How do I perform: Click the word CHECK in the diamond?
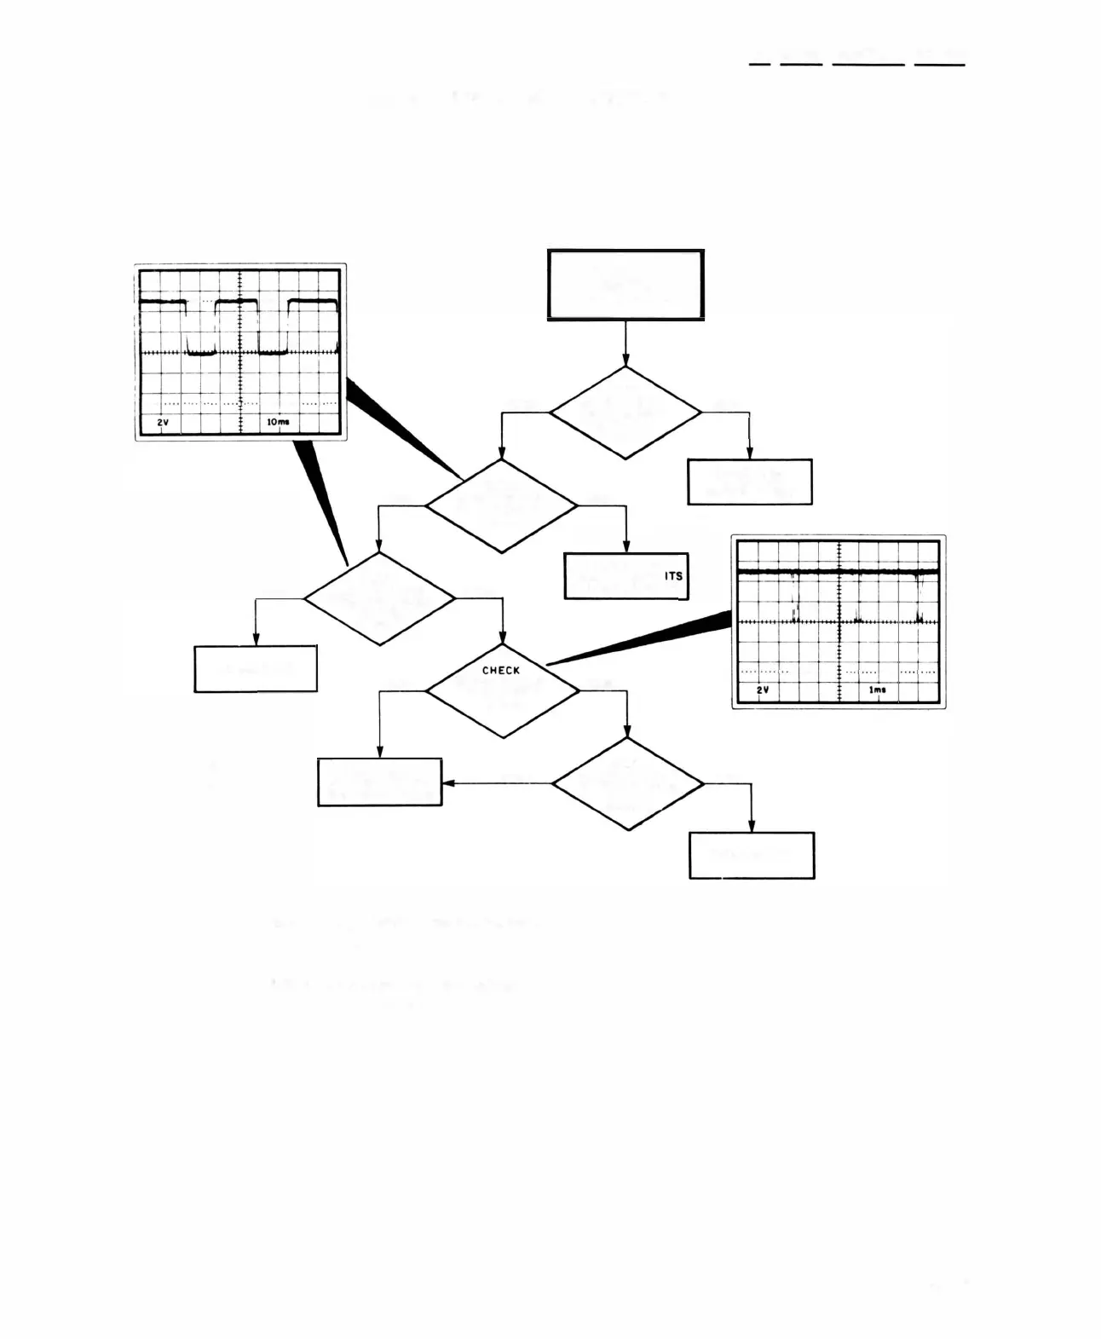pyautogui.click(x=501, y=671)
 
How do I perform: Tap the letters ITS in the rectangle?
pyautogui.click(x=673, y=576)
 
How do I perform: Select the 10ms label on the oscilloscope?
pyautogui.click(x=278, y=422)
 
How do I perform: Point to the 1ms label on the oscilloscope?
pyautogui.click(x=877, y=690)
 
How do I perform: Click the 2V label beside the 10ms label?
pyautogui.click(x=163, y=422)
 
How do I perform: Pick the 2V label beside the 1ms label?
pyautogui.click(x=763, y=690)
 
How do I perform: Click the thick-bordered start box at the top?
pyautogui.click(x=625, y=285)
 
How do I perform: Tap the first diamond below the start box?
pyautogui.click(x=625, y=413)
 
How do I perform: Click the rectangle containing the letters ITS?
pyautogui.click(x=625, y=576)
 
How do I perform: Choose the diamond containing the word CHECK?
pyautogui.click(x=502, y=690)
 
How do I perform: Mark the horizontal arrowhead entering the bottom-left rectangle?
pyautogui.click(x=447, y=782)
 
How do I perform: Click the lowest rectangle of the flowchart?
pyautogui.click(x=752, y=855)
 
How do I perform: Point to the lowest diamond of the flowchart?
pyautogui.click(x=628, y=783)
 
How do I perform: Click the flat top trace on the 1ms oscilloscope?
pyautogui.click(x=839, y=570)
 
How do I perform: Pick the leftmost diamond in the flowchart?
pyautogui.click(x=380, y=598)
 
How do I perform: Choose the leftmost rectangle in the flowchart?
pyautogui.click(x=256, y=669)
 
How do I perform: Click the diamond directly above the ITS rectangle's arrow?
pyautogui.click(x=501, y=505)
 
